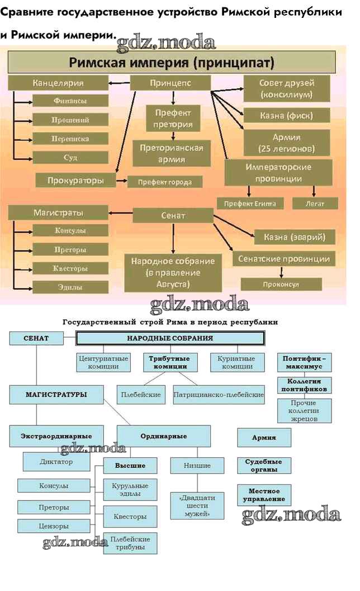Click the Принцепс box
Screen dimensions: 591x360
tap(170, 83)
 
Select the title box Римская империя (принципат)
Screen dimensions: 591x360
tap(171, 62)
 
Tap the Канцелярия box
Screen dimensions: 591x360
tap(58, 83)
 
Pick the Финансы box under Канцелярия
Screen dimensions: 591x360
tap(70, 101)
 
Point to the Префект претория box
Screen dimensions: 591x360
tap(173, 118)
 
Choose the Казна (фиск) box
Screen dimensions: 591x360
tap(286, 116)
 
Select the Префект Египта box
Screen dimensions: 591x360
tap(250, 204)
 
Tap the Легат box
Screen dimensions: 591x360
tap(315, 204)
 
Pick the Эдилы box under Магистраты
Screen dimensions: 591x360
tap(70, 287)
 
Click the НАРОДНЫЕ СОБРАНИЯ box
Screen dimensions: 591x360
tap(170, 338)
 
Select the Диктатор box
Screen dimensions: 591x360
tap(56, 462)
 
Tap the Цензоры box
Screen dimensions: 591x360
tap(54, 526)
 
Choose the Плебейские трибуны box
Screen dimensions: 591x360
tap(130, 543)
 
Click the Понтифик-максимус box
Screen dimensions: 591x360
tap(304, 362)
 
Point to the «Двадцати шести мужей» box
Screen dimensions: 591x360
tap(193, 505)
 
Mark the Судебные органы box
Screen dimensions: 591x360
tap(264, 466)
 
